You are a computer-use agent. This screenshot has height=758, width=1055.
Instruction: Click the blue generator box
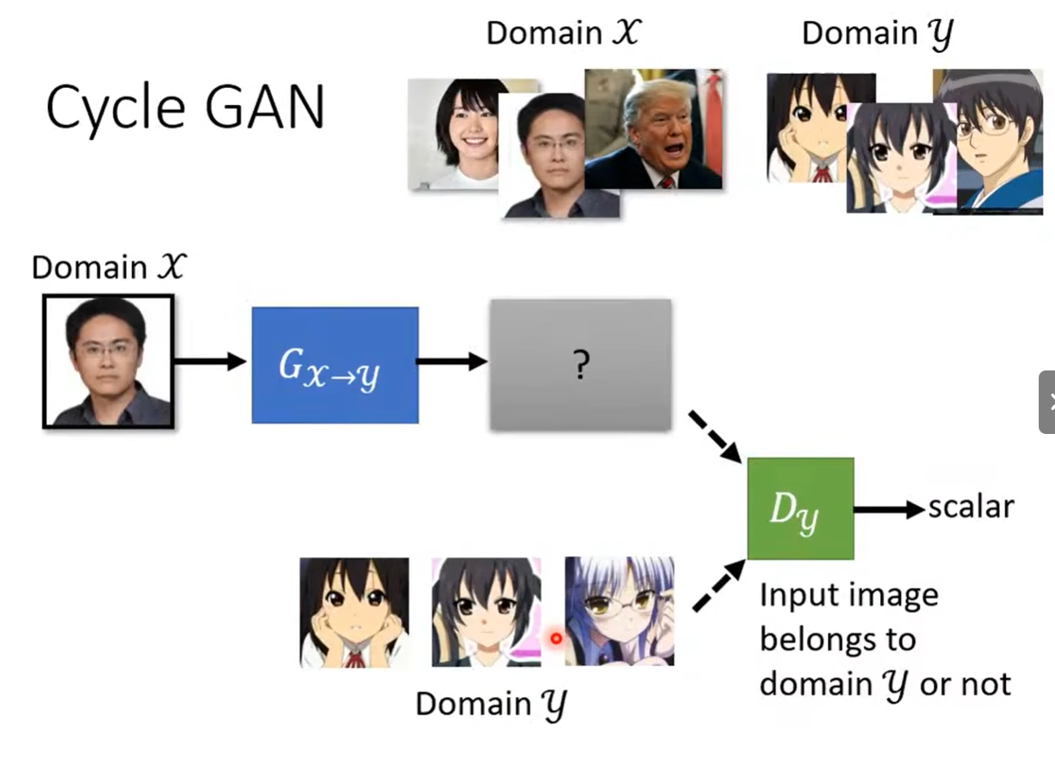(335, 365)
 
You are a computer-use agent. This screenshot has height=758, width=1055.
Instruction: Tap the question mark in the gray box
(580, 366)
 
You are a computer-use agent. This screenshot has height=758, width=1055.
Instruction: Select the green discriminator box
(800, 508)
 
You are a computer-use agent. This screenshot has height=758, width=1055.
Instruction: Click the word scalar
(970, 507)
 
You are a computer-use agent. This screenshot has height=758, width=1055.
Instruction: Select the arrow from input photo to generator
(210, 361)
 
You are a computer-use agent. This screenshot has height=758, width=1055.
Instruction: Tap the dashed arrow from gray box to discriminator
(714, 437)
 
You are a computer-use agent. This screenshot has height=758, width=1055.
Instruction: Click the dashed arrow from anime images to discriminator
(718, 583)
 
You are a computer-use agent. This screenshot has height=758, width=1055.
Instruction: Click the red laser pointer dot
(556, 638)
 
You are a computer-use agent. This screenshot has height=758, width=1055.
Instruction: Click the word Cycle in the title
(115, 108)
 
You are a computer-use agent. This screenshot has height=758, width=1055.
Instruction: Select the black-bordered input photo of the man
(108, 361)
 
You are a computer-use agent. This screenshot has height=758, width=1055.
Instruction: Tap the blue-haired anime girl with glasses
(619, 611)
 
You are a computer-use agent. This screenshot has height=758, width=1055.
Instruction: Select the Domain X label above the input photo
(109, 267)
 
